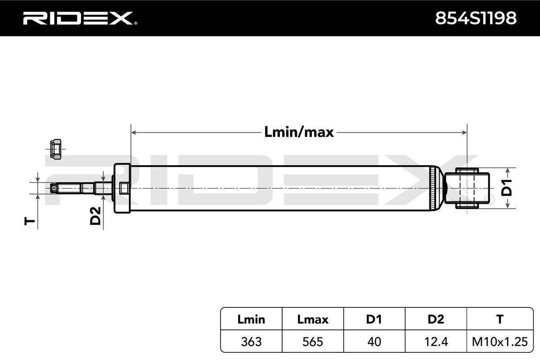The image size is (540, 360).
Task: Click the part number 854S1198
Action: click(x=476, y=18)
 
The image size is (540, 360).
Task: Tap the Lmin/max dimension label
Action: click(x=298, y=132)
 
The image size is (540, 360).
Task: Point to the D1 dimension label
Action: click(x=507, y=188)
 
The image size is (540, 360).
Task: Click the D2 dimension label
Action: click(x=95, y=216)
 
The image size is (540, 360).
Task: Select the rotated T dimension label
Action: click(x=30, y=220)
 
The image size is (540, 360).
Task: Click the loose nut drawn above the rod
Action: click(x=55, y=148)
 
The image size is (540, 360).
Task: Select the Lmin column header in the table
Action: click(x=251, y=319)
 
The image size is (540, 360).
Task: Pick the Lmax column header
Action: click(x=313, y=319)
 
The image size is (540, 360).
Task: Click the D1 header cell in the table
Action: click(x=374, y=319)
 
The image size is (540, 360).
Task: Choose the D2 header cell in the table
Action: click(x=436, y=319)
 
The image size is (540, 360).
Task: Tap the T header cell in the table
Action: click(x=499, y=319)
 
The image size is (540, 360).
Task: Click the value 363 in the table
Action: click(x=251, y=342)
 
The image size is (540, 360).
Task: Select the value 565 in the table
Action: click(x=313, y=342)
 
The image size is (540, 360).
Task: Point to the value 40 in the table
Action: click(x=374, y=342)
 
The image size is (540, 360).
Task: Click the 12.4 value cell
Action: click(x=436, y=342)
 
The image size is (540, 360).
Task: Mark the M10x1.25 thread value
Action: click(x=499, y=342)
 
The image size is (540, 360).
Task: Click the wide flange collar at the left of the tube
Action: click(x=122, y=188)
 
